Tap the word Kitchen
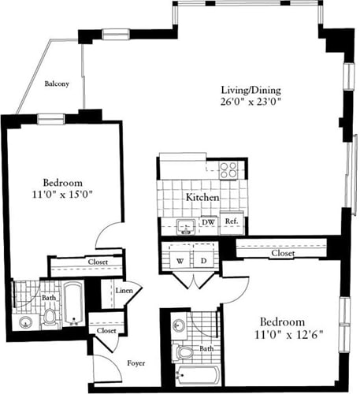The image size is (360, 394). click(x=202, y=199)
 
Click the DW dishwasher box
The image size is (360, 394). click(x=208, y=223)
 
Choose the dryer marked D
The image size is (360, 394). click(x=202, y=259)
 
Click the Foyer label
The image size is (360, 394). click(x=135, y=364)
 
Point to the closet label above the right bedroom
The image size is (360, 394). click(x=282, y=254)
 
